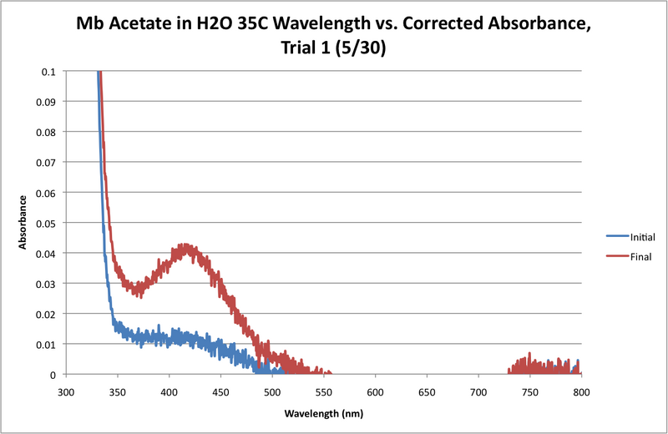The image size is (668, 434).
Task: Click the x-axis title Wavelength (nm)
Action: (x=323, y=413)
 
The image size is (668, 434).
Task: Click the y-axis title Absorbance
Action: (x=24, y=223)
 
